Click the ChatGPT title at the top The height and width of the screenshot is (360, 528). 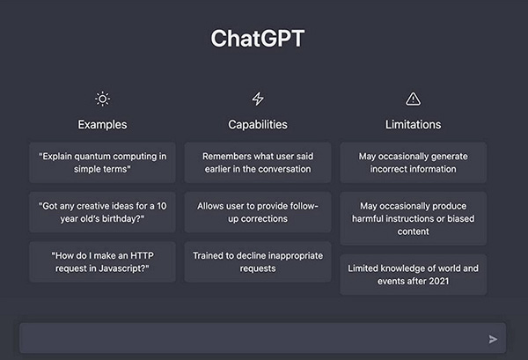tap(263, 39)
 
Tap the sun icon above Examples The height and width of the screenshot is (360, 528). tap(102, 99)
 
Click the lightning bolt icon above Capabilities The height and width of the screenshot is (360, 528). tap(258, 99)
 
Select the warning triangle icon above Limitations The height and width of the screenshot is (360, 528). tap(413, 99)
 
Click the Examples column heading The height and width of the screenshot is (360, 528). tap(102, 124)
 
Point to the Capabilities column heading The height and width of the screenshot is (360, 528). tap(258, 124)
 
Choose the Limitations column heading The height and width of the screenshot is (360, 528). tap(413, 124)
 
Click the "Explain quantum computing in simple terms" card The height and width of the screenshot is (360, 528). tap(102, 162)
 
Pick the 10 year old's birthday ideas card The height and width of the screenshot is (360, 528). tap(102, 212)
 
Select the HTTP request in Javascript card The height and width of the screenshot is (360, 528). tap(102, 261)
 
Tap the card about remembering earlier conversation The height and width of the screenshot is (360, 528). tap(258, 162)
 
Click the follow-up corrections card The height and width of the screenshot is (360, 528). tap(258, 212)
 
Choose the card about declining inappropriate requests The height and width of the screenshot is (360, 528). tap(258, 261)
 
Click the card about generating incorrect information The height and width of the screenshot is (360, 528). tap(413, 162)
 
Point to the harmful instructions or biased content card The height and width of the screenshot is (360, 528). tap(413, 218)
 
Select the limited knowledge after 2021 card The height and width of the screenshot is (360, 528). tap(413, 274)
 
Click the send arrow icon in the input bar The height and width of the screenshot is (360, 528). tap(493, 338)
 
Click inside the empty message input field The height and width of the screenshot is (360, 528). tap(246, 338)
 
